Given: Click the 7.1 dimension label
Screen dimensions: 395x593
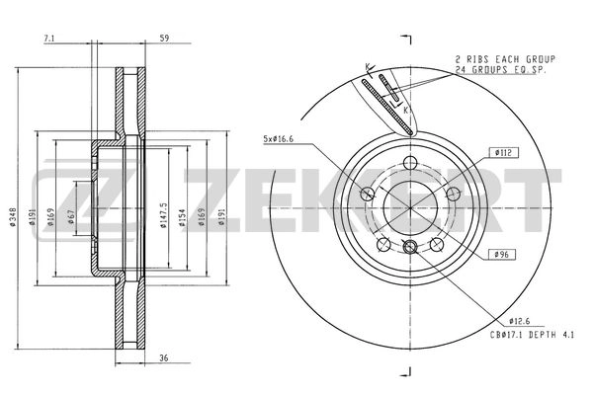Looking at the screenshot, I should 49,39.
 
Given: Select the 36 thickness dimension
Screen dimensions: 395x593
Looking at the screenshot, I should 164,357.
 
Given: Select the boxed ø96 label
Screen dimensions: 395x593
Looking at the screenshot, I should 503,256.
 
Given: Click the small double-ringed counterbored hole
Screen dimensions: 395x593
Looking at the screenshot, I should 410,247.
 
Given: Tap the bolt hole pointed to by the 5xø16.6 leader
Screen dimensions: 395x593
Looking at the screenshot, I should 368,194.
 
